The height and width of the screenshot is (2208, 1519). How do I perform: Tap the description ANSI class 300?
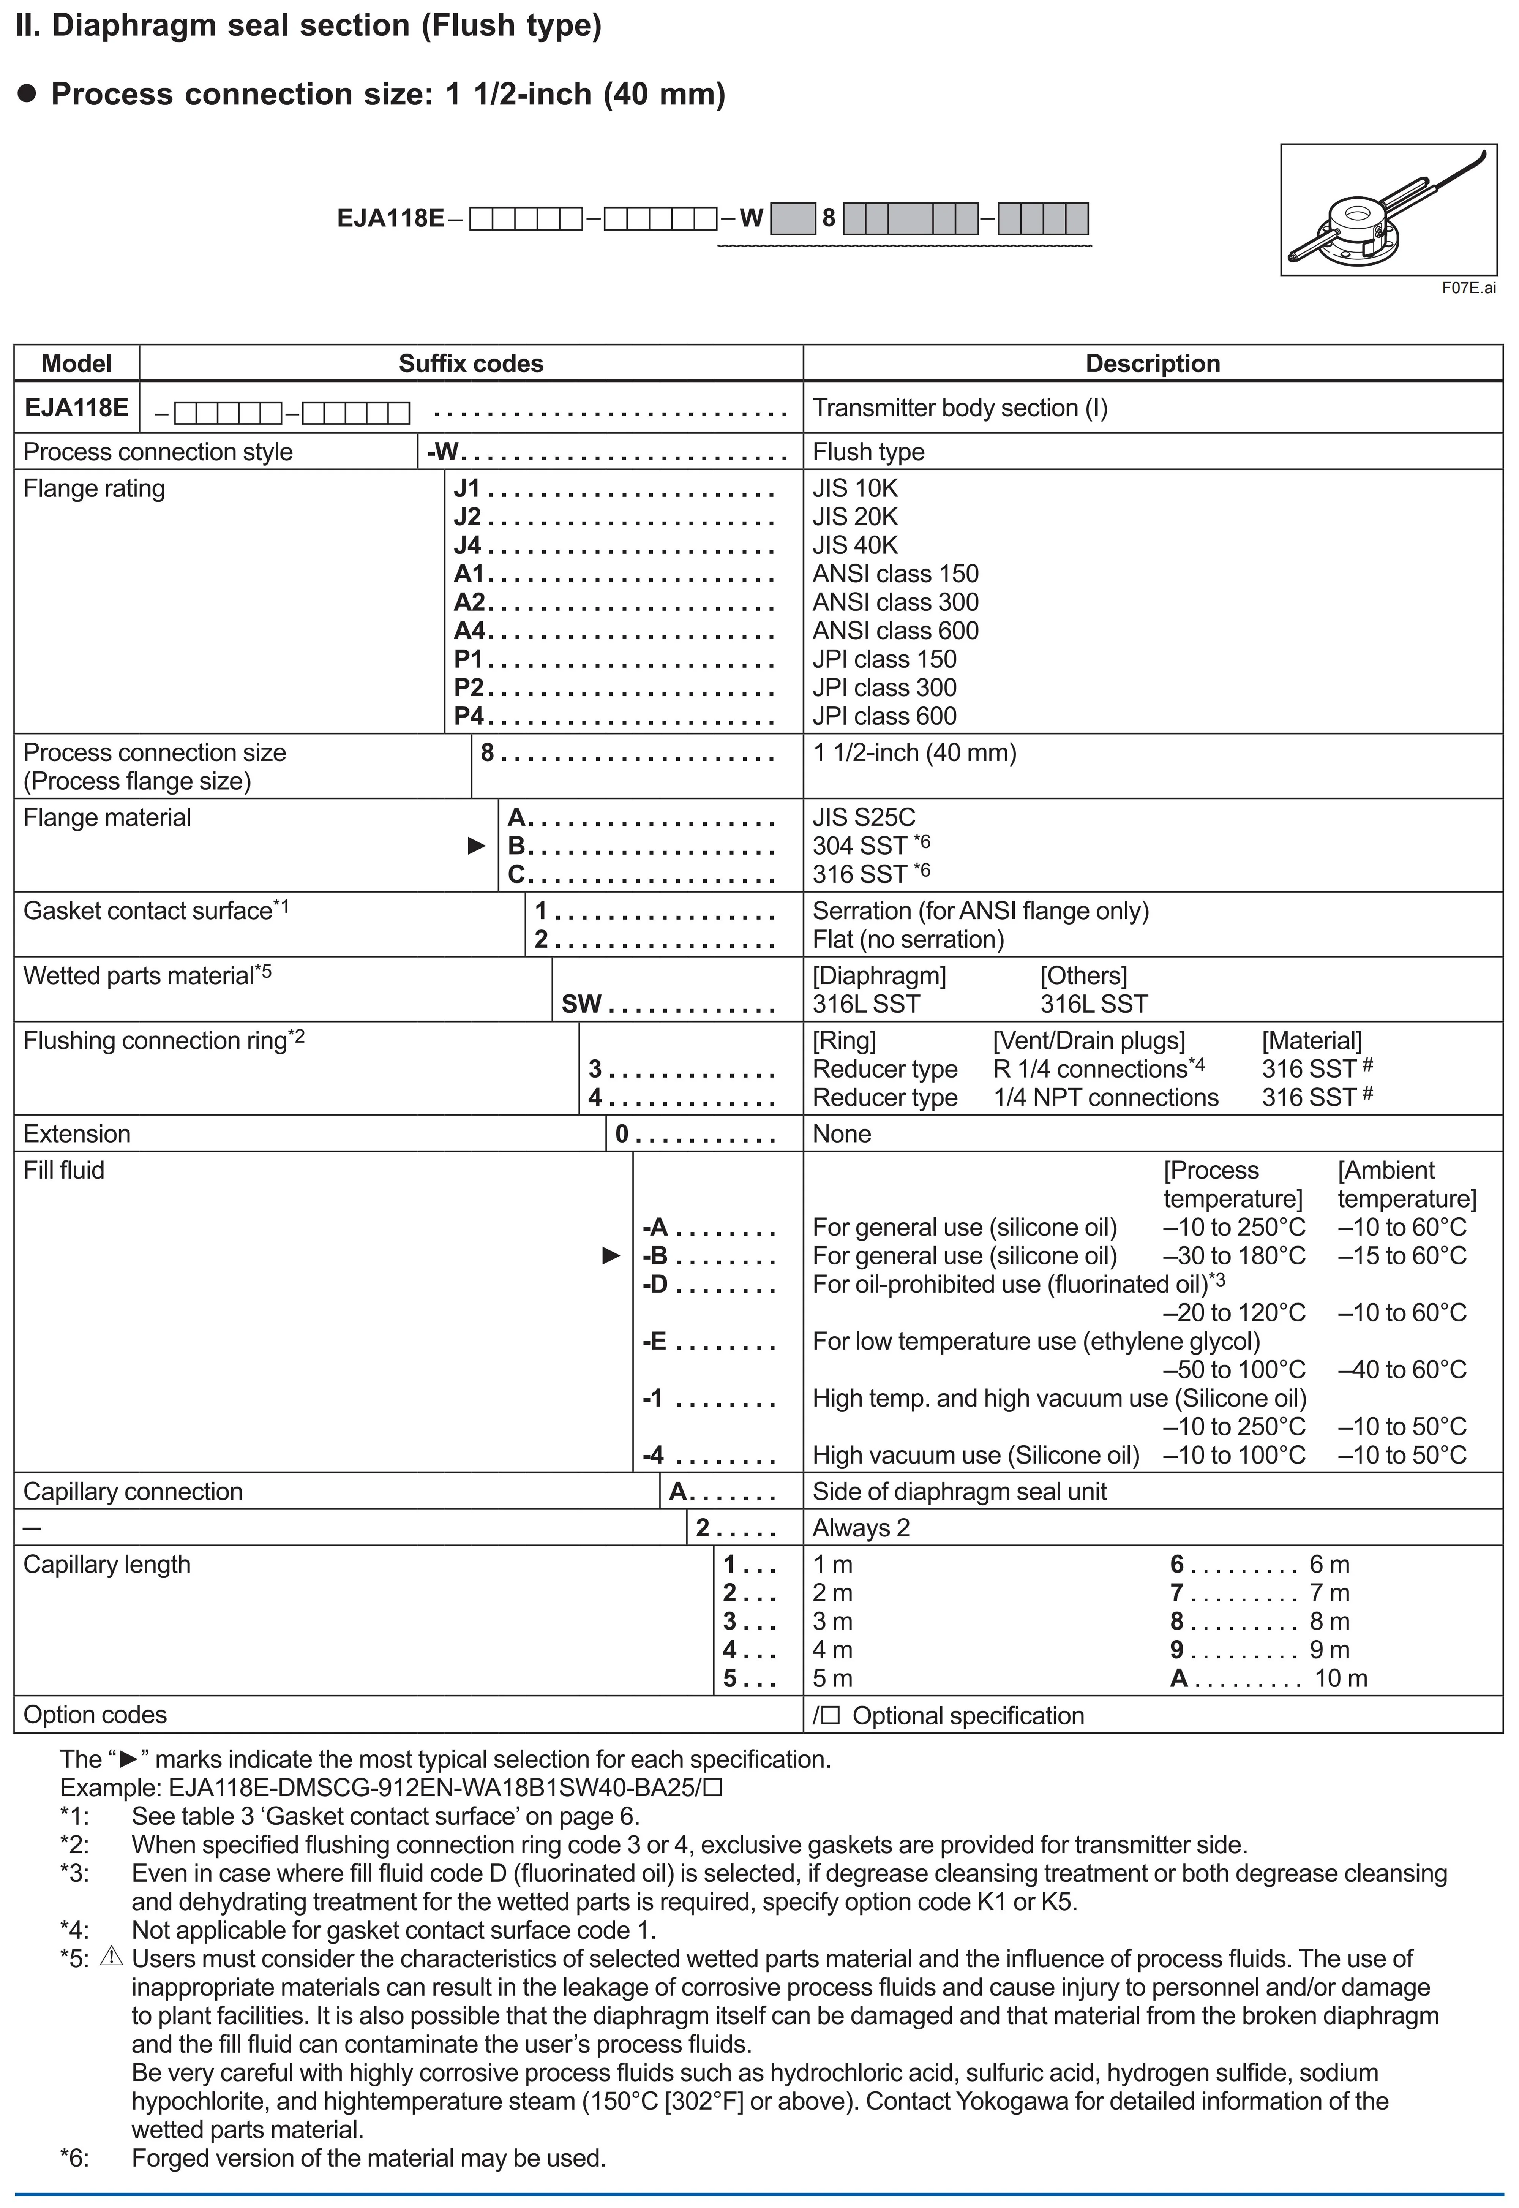895,602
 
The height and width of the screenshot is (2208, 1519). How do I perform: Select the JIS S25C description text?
863,817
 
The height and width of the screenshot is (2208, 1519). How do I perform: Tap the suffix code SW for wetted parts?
581,1004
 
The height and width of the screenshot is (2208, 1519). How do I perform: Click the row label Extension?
77,1133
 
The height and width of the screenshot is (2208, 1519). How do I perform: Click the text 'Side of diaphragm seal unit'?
959,1491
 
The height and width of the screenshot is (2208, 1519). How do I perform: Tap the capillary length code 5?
730,1679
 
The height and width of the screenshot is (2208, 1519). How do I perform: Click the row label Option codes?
95,1715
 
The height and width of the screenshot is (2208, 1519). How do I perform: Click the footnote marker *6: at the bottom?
74,2159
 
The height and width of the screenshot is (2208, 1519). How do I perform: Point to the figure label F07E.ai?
1468,288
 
